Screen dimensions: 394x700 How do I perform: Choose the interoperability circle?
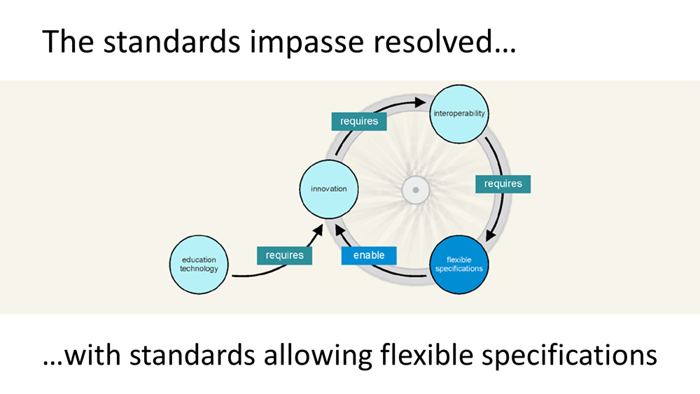[458, 113]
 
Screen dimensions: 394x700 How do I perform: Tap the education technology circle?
[199, 265]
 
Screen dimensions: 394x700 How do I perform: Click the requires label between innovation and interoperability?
[359, 121]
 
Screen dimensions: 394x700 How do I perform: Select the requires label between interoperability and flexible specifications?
[503, 184]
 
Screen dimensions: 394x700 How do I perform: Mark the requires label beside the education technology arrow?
[284, 255]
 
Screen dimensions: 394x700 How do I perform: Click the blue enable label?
[369, 255]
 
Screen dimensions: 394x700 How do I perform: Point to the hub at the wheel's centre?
[415, 190]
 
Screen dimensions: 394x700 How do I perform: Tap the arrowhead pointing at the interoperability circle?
[422, 101]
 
